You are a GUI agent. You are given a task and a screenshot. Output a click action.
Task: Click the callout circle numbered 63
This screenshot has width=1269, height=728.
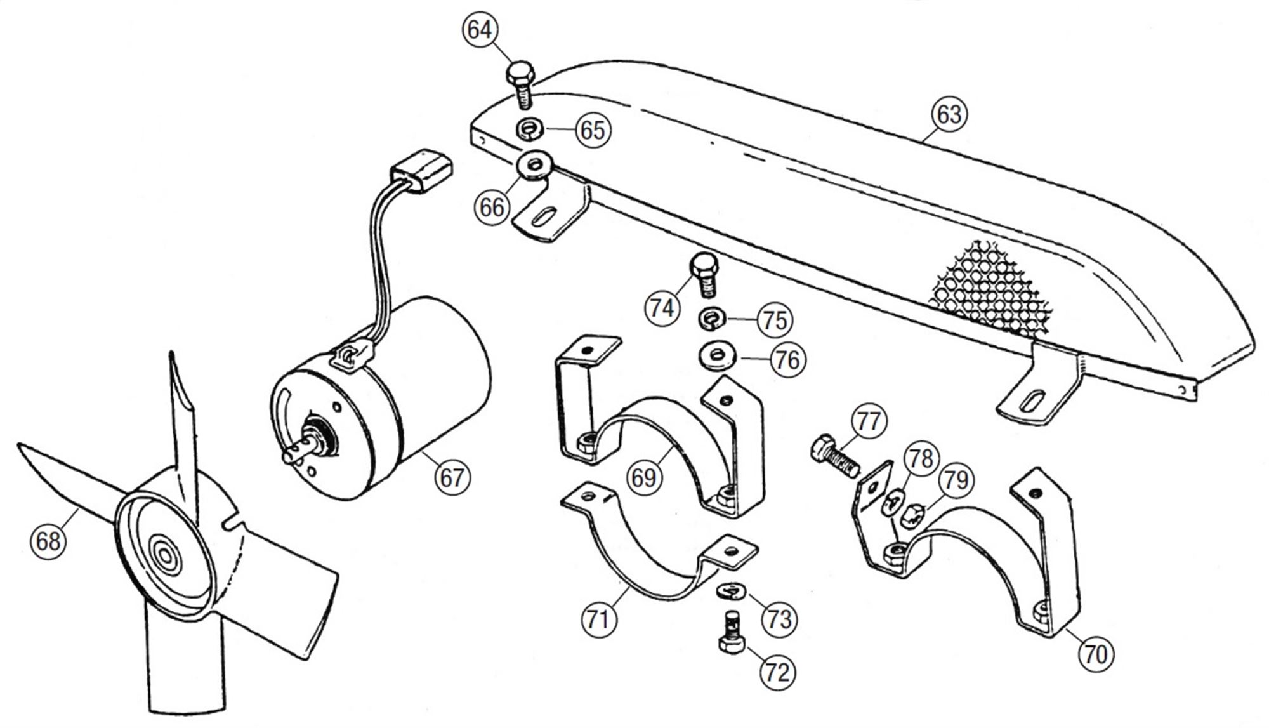coord(949,114)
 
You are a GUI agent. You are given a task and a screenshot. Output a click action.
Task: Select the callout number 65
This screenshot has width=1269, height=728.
coord(593,130)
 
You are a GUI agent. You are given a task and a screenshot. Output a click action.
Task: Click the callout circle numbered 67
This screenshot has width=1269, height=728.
coord(452,477)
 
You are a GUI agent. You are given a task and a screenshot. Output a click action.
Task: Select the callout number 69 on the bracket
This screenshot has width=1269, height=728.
coord(643,477)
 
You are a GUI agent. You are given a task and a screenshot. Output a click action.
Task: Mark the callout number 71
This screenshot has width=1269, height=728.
coord(598,618)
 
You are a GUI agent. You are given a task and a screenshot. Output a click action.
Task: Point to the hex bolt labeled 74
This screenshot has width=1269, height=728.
coord(705,275)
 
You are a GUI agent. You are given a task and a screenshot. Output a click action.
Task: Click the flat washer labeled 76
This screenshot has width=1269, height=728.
coord(716,357)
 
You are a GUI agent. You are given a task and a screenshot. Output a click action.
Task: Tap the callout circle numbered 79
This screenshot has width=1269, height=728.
coord(956,480)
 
